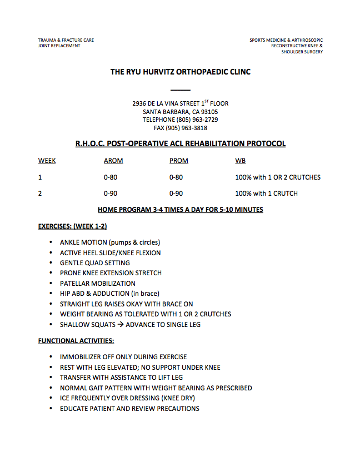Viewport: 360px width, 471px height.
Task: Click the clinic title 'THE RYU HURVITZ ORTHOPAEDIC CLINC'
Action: pyautogui.click(x=180, y=72)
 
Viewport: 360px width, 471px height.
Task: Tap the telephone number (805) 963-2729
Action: pyautogui.click(x=197, y=120)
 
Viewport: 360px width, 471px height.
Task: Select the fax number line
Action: pyautogui.click(x=180, y=128)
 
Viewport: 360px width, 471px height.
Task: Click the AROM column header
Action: pyautogui.click(x=113, y=161)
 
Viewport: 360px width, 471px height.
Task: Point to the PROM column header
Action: pyautogui.click(x=179, y=161)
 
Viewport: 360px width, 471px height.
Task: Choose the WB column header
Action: pyautogui.click(x=241, y=161)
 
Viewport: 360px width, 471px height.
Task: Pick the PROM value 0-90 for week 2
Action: pyautogui.click(x=176, y=194)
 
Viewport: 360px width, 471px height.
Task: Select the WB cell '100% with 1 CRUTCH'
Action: pyautogui.click(x=266, y=194)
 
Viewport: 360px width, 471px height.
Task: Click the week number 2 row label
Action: pyautogui.click(x=40, y=194)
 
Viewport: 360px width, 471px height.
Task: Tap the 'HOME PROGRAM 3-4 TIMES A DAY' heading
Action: pyautogui.click(x=180, y=210)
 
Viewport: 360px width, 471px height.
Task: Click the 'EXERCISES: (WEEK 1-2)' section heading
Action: pyautogui.click(x=72, y=226)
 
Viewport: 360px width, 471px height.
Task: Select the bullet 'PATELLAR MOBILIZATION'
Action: pyautogui.click(x=97, y=283)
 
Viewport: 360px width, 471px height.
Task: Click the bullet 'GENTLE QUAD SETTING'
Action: pyautogui.click(x=94, y=262)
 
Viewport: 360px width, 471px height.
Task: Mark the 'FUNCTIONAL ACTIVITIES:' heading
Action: pyautogui.click(x=76, y=340)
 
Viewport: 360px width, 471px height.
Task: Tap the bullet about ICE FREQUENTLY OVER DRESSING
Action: pyautogui.click(x=127, y=398)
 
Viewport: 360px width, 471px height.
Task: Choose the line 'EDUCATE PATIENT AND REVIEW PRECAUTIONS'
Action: pyautogui.click(x=129, y=408)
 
